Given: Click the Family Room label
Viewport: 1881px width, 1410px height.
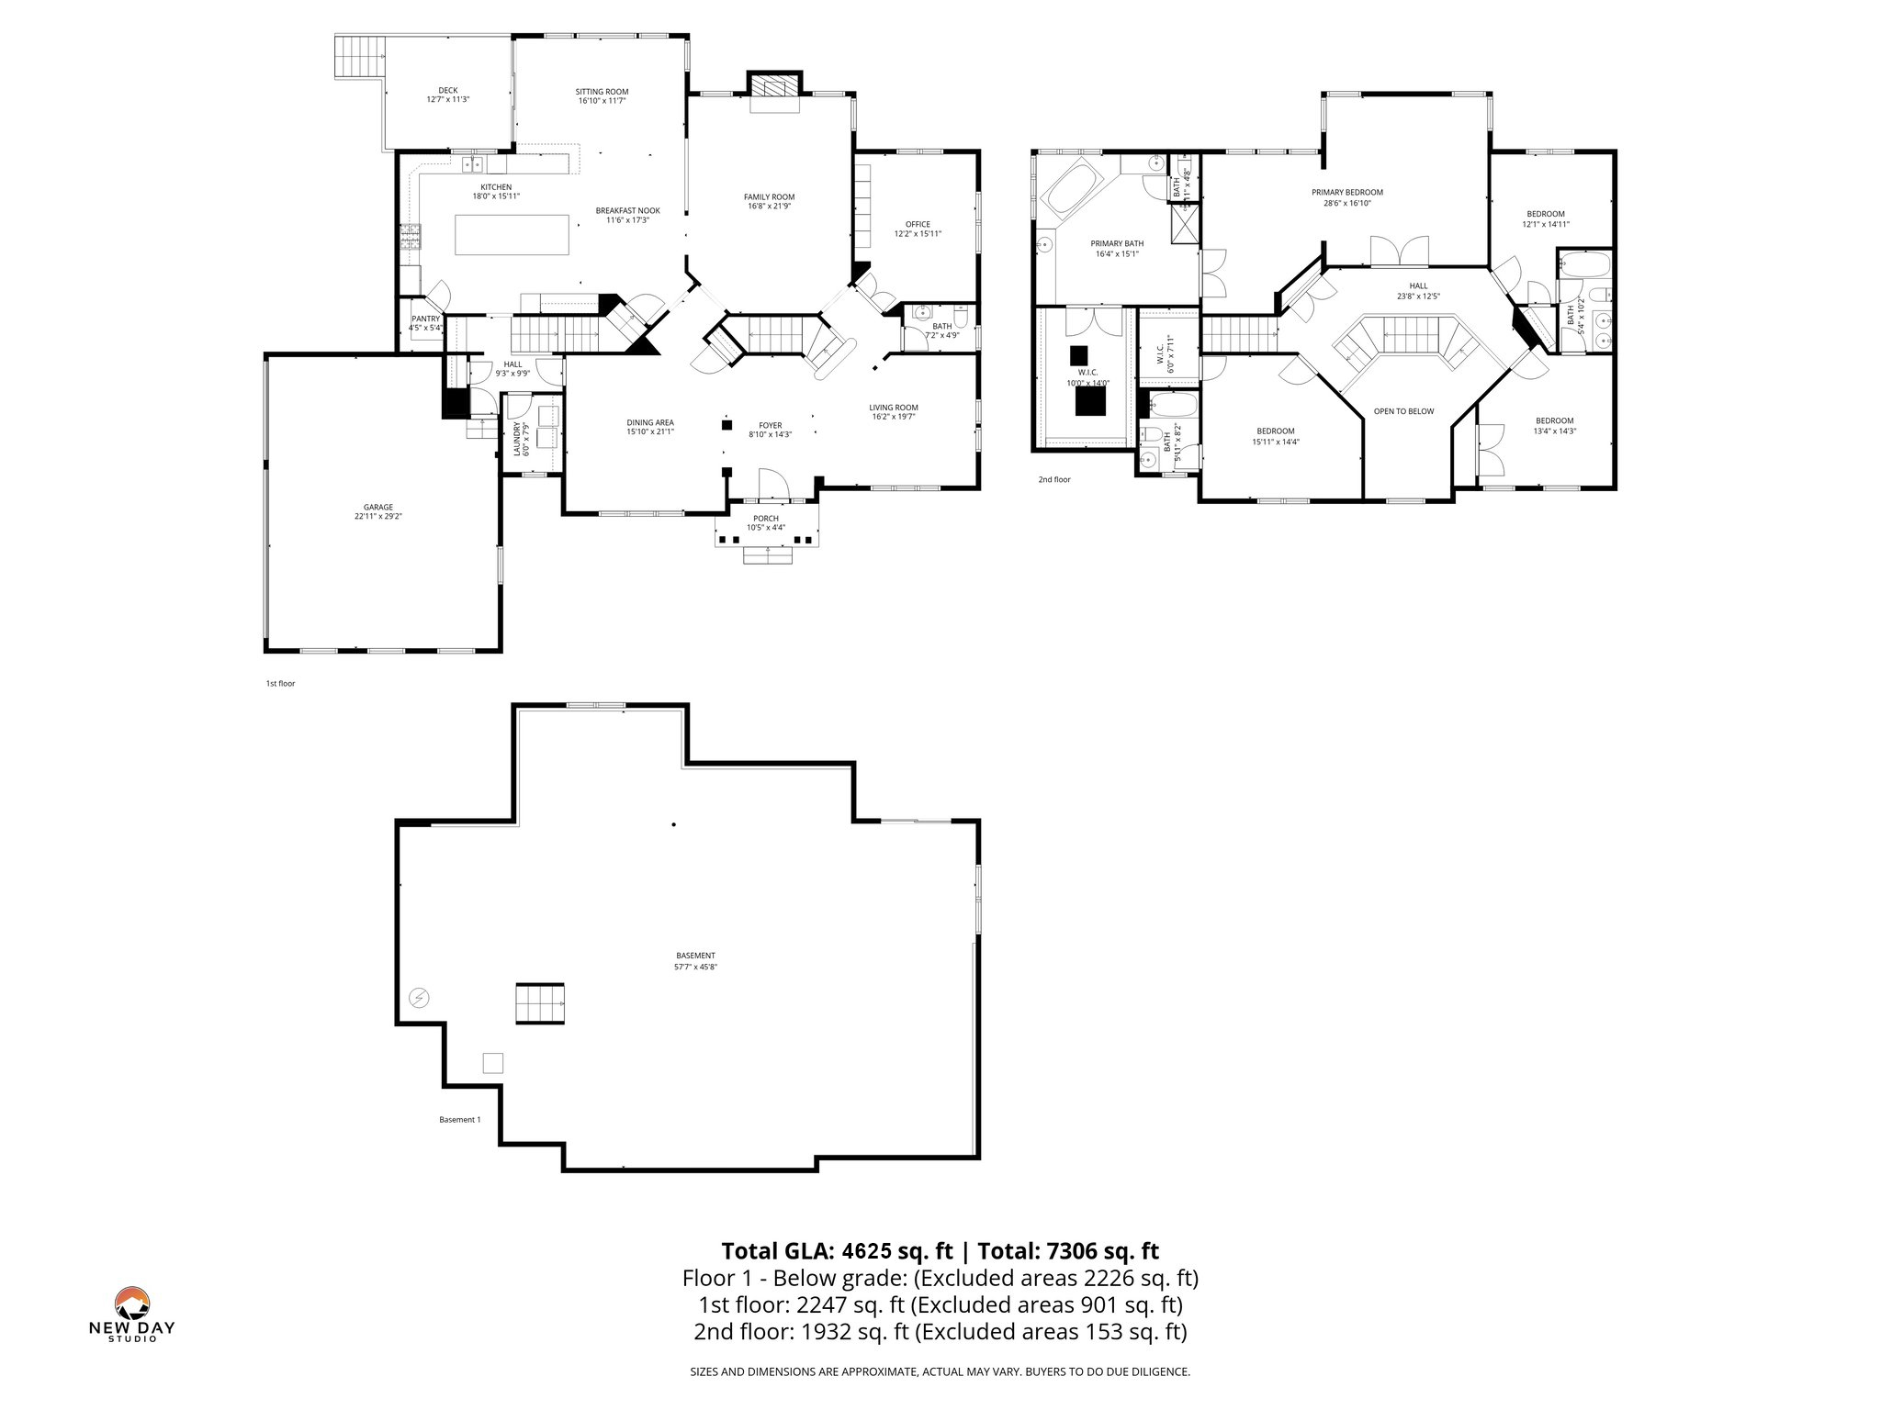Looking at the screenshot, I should coord(769,196).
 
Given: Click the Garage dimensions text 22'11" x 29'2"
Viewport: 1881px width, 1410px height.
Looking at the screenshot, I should coord(378,517).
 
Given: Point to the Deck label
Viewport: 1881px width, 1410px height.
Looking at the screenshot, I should coord(447,90).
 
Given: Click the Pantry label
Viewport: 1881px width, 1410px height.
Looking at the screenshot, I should coord(425,319).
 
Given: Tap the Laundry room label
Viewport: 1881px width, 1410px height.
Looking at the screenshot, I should coord(516,439).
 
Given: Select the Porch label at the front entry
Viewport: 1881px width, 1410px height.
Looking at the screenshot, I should coord(765,519).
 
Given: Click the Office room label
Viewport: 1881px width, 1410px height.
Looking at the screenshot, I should coord(918,224).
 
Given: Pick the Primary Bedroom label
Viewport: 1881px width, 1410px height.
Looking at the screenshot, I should coord(1346,192).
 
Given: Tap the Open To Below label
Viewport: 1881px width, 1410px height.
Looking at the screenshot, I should coord(1403,411).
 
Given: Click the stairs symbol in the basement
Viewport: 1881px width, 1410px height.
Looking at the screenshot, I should coord(540,1003).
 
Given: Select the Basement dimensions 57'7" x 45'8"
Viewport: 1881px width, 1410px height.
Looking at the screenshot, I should coord(695,967).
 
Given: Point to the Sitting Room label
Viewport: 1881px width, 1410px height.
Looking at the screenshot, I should coord(602,91).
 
